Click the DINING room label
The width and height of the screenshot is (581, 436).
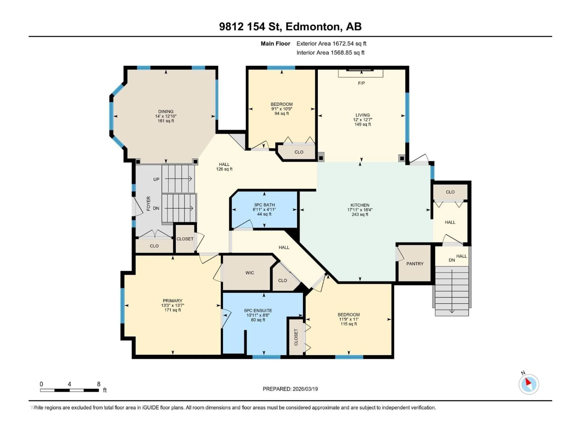(166, 111)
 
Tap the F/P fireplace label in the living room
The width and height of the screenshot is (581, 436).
(361, 83)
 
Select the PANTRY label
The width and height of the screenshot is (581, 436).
(415, 264)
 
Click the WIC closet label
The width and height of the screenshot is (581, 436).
(249, 273)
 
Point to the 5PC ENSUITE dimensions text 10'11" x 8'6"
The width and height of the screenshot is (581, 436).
(258, 315)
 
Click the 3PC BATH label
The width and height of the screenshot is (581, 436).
(264, 205)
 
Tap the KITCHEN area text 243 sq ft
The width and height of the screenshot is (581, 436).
(360, 215)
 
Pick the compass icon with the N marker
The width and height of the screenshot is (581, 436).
(529, 384)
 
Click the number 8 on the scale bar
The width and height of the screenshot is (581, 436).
(99, 384)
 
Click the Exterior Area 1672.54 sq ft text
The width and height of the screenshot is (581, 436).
(331, 44)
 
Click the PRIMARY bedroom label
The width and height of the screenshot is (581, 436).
(172, 301)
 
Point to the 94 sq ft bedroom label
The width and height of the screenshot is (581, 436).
(282, 114)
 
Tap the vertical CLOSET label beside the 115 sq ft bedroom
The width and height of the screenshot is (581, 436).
(296, 337)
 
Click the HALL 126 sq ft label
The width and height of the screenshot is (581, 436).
(224, 167)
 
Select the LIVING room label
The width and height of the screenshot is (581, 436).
(363, 115)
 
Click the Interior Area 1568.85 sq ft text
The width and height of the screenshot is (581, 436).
(330, 53)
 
